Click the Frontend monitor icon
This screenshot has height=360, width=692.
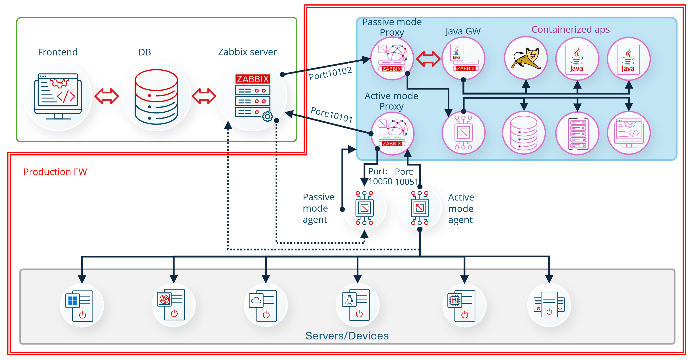(x=58, y=96)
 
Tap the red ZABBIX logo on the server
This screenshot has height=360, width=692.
(x=253, y=79)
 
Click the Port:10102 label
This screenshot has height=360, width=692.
(x=330, y=73)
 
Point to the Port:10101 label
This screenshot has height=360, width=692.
(x=331, y=115)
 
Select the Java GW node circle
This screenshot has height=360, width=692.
(x=463, y=59)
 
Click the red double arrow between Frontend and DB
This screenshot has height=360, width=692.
(x=107, y=96)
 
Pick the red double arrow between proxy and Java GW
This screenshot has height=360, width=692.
(x=428, y=59)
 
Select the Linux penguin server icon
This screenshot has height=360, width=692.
(x=356, y=305)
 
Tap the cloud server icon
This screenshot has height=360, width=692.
(x=263, y=305)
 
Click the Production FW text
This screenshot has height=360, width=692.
(x=55, y=172)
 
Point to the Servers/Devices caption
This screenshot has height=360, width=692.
(x=347, y=335)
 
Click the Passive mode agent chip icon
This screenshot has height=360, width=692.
(x=364, y=208)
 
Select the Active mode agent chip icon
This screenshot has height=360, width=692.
(x=420, y=208)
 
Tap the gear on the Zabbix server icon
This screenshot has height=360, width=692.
(x=268, y=117)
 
